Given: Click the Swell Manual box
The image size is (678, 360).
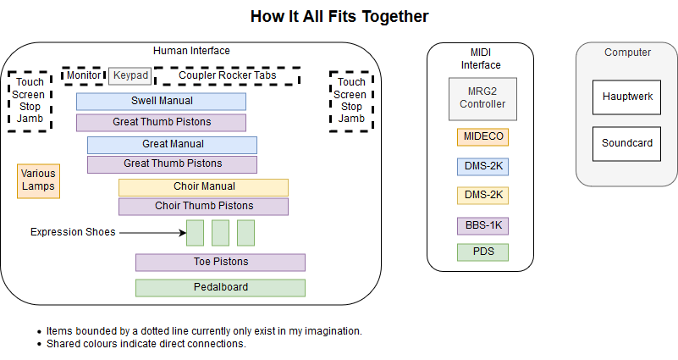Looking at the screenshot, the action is coord(162,102).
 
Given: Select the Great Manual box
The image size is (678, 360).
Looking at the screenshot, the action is coord(172,146).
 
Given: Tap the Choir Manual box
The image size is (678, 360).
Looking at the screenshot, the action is coord(204,187).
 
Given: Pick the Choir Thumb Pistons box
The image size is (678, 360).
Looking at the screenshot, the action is coord(204,207).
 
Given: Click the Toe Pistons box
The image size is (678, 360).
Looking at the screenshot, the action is coord(221,263).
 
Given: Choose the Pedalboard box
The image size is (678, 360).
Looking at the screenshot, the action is coord(221,288).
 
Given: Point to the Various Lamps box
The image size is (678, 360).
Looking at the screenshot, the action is coord(38,181).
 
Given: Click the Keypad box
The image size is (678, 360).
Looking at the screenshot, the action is coord(130,75).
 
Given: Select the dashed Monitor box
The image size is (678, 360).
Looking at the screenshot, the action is coord(84,75).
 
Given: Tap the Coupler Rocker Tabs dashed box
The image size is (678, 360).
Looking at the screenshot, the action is coord(228,75).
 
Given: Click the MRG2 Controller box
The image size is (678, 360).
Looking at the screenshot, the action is coord(482,99).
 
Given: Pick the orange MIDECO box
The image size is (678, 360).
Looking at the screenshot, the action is coord(483,137).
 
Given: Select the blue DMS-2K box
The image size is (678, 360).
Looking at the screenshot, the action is coord(483,167).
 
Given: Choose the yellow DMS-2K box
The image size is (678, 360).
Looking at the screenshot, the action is coord(483,196).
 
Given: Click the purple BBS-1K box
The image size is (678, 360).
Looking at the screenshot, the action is coord(483,226).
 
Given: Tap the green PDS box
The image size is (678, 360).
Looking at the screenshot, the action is coord(483,252).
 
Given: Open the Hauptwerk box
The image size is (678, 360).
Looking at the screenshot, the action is coord(626,97).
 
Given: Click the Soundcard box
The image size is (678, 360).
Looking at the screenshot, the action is coord(626,144).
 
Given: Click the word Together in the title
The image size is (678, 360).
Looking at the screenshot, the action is coord(394,16).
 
